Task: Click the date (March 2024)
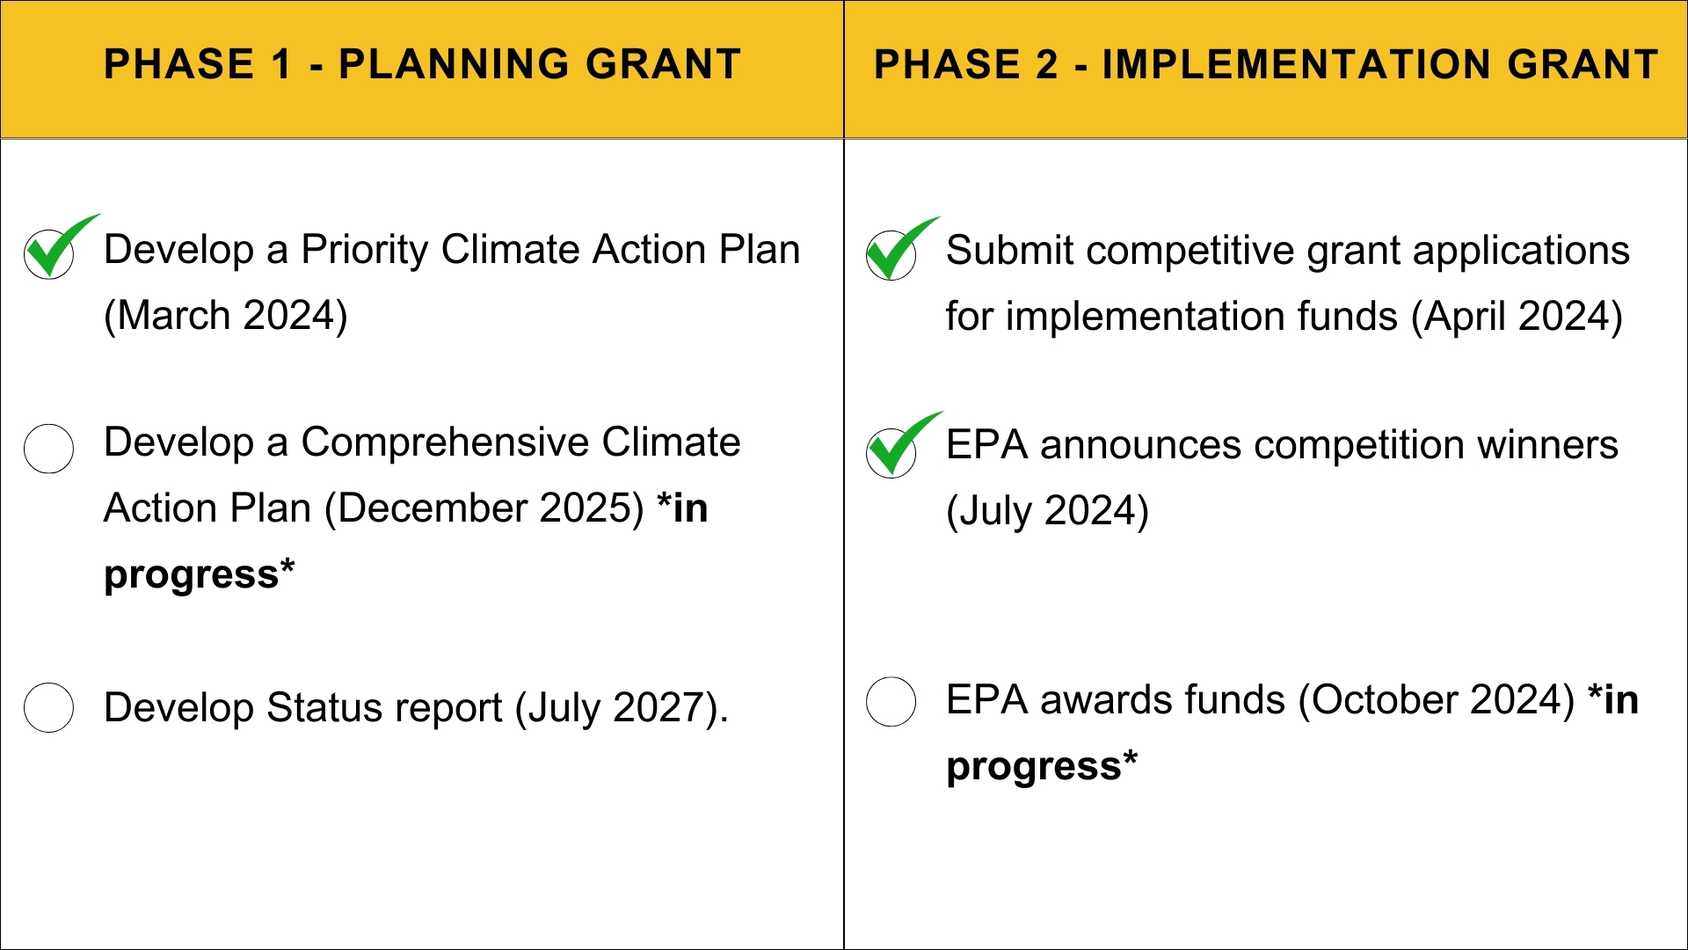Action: pos(226,315)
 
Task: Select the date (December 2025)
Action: pos(484,508)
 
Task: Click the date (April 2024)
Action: pos(1517,316)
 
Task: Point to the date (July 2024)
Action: pos(1047,511)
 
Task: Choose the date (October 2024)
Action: pos(1437,700)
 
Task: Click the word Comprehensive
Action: pos(445,442)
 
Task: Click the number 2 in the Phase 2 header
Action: pos(1046,64)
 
